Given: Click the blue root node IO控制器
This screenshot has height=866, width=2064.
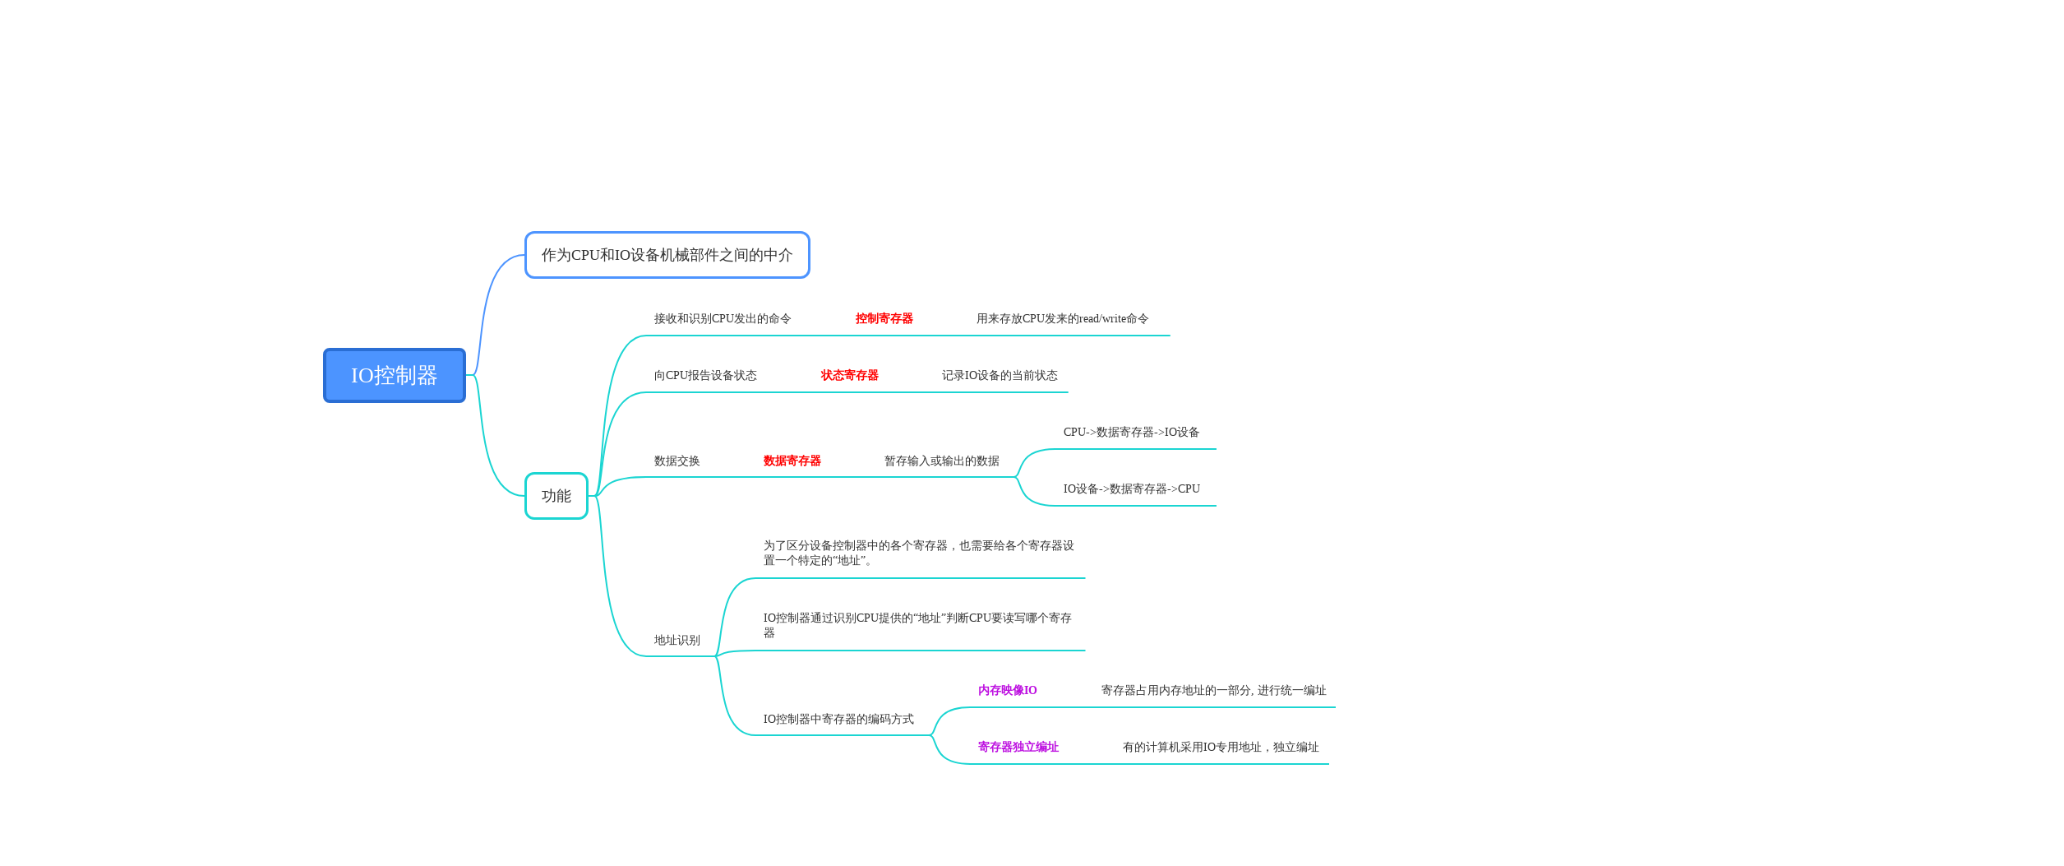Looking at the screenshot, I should click(x=394, y=375).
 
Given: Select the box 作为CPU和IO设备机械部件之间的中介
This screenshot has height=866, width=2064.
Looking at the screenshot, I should click(x=667, y=255).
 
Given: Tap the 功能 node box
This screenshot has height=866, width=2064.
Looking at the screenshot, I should click(x=556, y=496).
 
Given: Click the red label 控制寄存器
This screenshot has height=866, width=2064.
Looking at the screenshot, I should click(x=884, y=318).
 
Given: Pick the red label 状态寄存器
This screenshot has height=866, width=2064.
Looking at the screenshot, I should click(x=849, y=375).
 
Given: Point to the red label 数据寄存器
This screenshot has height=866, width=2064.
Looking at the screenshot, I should click(x=792, y=461).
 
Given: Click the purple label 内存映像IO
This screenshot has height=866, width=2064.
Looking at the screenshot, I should click(x=1007, y=690).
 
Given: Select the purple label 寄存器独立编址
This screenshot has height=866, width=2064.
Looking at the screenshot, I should click(x=1018, y=747).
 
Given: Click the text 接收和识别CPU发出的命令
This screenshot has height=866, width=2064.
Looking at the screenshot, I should click(x=722, y=318).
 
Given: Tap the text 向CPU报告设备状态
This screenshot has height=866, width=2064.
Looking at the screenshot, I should click(x=704, y=375).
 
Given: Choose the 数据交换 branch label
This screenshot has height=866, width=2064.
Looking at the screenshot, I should click(x=676, y=461).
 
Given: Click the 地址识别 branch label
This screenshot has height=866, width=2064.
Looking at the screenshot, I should click(x=676, y=640).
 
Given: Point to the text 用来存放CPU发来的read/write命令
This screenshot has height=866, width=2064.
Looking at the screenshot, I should click(x=1062, y=318).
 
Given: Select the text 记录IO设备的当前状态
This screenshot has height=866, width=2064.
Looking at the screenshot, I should click(x=999, y=375).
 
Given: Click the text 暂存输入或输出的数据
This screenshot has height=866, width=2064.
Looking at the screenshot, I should click(x=941, y=461).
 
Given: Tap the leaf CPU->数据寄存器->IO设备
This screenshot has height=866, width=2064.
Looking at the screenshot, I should click(x=1131, y=432).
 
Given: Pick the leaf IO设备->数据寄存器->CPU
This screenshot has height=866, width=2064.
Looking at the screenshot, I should click(x=1131, y=489).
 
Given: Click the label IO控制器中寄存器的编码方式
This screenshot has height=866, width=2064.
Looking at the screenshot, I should click(x=838, y=719).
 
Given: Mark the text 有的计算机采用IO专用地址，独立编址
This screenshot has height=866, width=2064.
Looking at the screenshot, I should click(x=1220, y=747).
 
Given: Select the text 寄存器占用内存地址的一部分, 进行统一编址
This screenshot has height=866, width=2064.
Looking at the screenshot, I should click(x=1213, y=690).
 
